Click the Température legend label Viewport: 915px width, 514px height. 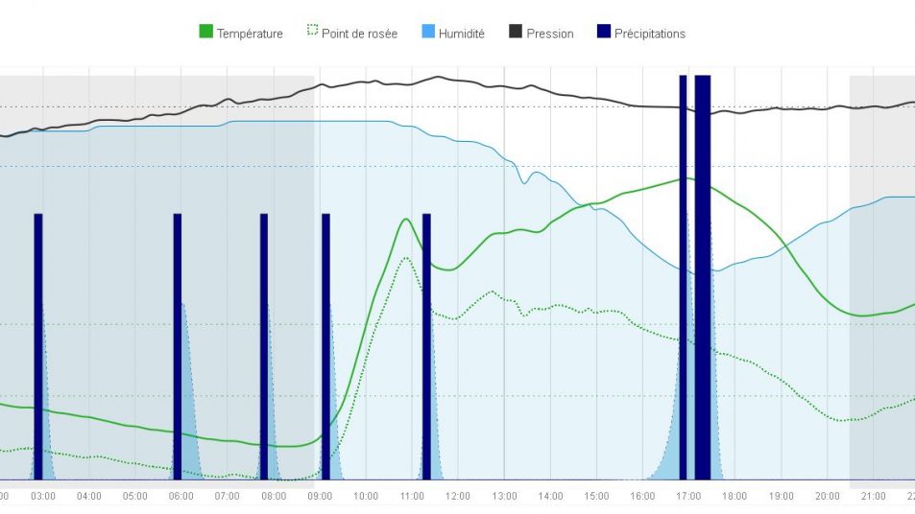pos(250,34)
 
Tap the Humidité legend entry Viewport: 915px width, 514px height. pos(461,34)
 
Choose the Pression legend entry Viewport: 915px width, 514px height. pos(549,34)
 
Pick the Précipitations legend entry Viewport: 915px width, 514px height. pos(649,34)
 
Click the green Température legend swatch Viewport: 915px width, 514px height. pos(205,33)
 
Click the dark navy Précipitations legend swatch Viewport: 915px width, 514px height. pos(603,33)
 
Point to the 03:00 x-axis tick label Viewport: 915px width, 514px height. pos(43,496)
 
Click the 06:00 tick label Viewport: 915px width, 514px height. pos(181,496)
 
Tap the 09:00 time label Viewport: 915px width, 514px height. pos(320,496)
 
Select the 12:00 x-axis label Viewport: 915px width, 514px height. pos(458,496)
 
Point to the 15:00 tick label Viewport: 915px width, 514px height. pos(596,496)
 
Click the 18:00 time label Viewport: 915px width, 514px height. pos(734,496)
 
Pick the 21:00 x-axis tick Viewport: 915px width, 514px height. pos(873,496)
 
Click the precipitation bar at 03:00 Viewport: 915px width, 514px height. pos(38,345)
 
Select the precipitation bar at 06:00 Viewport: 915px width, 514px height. pos(178,345)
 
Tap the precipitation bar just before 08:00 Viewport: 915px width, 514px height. pos(264,345)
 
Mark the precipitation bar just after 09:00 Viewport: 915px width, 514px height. pos(325,345)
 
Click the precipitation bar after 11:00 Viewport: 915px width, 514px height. pos(426,345)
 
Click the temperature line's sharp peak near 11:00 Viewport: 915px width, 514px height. pos(407,219)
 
